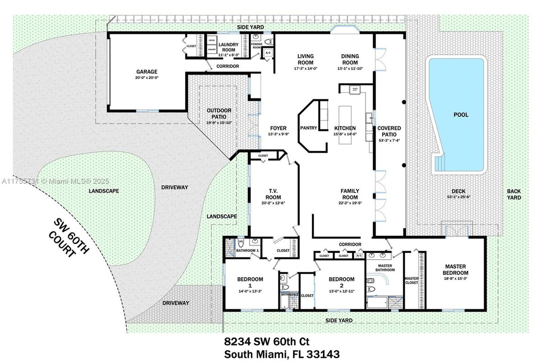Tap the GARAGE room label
pos(147,72)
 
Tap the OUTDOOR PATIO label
pos(219,113)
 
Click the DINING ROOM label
pos(350,59)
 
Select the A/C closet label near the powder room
pos(268,53)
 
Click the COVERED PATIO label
pos(389,131)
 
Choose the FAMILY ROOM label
pos(350,194)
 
